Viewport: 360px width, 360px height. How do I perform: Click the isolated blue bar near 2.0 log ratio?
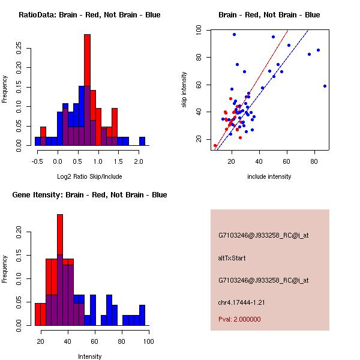[x=142, y=141]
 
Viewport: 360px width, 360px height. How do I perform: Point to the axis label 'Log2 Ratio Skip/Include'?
[x=89, y=177]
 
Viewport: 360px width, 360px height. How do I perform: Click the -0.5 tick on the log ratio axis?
[x=37, y=161]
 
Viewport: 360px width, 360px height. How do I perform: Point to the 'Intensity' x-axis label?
[x=90, y=356]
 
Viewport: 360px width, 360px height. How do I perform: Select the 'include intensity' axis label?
[x=269, y=176]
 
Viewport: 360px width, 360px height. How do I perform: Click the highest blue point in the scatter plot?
[x=234, y=34]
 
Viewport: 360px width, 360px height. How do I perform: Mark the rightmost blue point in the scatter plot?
[x=325, y=86]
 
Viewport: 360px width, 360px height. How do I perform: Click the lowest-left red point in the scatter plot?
[x=215, y=145]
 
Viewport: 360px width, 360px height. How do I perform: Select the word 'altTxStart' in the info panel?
[x=232, y=258]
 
